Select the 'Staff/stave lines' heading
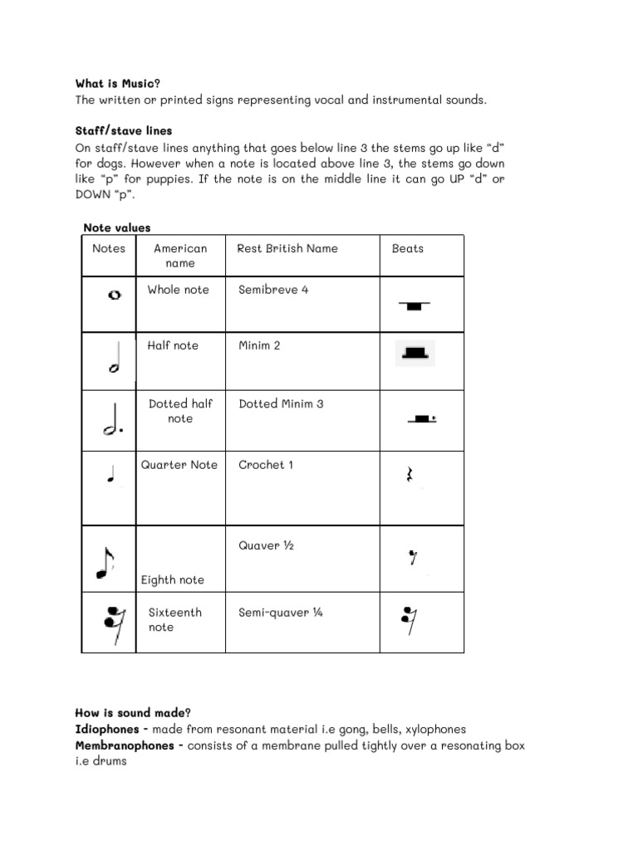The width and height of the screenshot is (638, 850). tap(124, 131)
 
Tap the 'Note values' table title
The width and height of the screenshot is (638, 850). tap(117, 228)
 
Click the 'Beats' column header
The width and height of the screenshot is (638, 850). tap(407, 248)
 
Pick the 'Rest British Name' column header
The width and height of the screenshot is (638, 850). tap(287, 248)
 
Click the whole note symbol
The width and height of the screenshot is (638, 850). tap(115, 295)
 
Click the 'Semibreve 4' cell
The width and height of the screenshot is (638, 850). tap(273, 290)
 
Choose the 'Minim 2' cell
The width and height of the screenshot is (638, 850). tap(259, 345)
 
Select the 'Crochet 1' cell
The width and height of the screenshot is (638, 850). tap(266, 465)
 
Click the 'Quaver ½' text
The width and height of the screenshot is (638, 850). tap(266, 546)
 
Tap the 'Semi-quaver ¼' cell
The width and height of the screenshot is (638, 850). tap(280, 613)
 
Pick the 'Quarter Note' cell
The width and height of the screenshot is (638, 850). tap(179, 465)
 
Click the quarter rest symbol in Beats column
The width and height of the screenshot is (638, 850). tap(408, 476)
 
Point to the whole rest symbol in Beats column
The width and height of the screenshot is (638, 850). tap(414, 305)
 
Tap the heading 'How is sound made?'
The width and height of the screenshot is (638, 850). tap(133, 712)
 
